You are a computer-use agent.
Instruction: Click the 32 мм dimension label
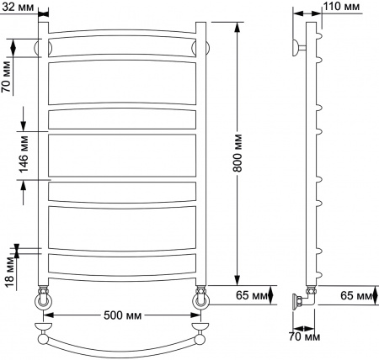tap(19, 7)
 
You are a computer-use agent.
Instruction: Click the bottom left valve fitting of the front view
tap(42, 299)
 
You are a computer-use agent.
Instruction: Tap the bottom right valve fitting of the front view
tap(200, 297)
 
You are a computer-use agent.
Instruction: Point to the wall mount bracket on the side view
tap(297, 46)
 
